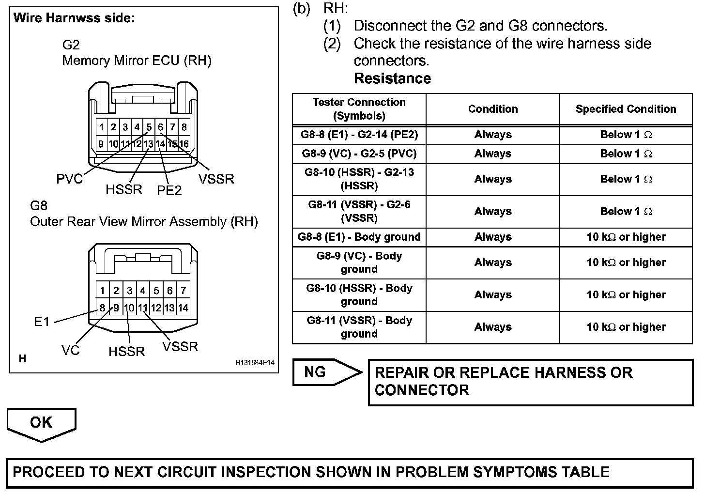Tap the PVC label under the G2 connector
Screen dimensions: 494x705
click(69, 179)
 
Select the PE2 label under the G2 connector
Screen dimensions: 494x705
click(169, 190)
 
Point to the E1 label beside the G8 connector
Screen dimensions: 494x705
click(42, 322)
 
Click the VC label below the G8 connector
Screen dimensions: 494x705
click(70, 350)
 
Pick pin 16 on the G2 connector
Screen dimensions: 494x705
click(184, 144)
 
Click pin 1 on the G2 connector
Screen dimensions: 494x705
click(101, 127)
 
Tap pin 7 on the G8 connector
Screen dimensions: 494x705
click(183, 291)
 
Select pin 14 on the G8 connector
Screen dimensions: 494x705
click(183, 308)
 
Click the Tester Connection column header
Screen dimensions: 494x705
click(359, 109)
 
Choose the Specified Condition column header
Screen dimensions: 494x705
click(626, 109)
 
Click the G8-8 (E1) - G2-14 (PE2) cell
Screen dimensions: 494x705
click(359, 135)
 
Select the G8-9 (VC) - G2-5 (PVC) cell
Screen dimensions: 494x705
click(359, 154)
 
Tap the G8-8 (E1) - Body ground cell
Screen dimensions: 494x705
click(359, 237)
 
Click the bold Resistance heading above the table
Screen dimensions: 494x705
click(392, 78)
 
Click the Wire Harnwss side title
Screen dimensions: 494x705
click(74, 18)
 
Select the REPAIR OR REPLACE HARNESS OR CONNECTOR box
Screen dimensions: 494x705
click(530, 382)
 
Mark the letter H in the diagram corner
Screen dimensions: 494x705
click(22, 359)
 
